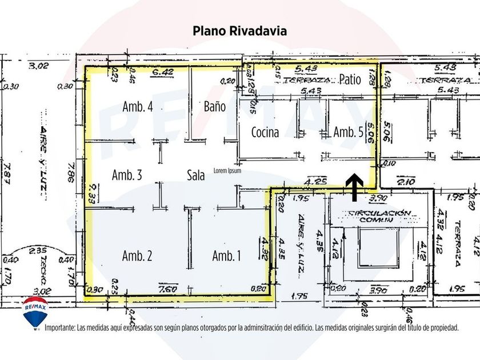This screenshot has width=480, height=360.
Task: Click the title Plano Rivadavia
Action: [239, 31]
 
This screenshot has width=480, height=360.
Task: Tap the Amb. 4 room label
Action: [138, 106]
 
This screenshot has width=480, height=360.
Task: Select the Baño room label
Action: [215, 106]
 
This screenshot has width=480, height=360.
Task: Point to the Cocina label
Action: [265, 133]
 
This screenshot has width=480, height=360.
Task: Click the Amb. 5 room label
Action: [348, 132]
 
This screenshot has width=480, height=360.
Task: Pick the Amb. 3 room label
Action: [127, 175]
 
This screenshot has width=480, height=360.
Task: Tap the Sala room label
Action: [196, 176]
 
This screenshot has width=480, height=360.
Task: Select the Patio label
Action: [350, 79]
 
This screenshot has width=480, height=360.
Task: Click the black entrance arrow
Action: [354, 187]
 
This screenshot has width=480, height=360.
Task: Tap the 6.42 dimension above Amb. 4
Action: [163, 73]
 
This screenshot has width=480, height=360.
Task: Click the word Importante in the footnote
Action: [59, 328]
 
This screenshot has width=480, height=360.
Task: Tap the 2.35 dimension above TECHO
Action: [39, 250]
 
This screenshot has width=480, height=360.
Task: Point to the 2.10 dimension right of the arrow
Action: [406, 182]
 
